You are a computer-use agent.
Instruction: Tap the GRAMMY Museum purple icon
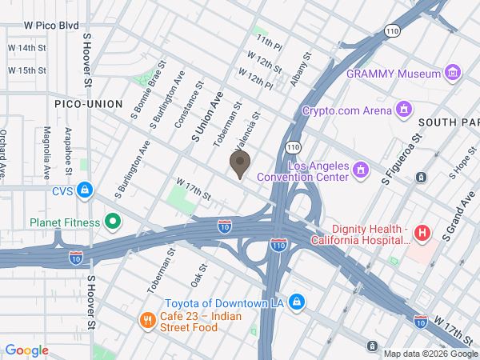(453, 73)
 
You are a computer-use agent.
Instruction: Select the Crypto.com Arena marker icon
(404, 110)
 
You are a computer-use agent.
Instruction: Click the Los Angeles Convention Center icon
(360, 170)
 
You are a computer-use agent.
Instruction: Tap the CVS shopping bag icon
(85, 191)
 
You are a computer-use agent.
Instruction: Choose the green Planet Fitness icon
(113, 222)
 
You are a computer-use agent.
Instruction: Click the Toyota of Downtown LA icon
(296, 302)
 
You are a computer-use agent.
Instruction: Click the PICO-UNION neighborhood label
(88, 104)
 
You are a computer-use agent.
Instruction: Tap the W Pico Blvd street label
(51, 26)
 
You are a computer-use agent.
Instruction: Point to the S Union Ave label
(206, 117)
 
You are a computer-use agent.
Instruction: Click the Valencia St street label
(248, 130)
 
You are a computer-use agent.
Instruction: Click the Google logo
(26, 350)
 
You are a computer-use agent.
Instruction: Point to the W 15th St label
(27, 70)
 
